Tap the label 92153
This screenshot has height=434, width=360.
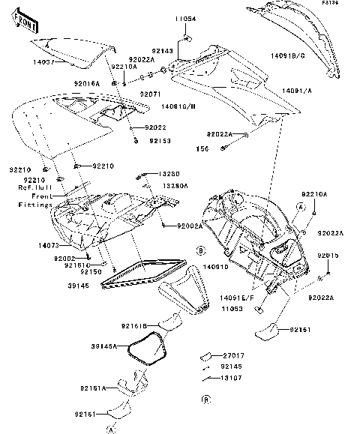[160, 140]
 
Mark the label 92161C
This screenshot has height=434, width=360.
[76, 265]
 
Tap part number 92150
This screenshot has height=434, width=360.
[91, 272]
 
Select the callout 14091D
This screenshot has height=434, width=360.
[217, 266]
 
